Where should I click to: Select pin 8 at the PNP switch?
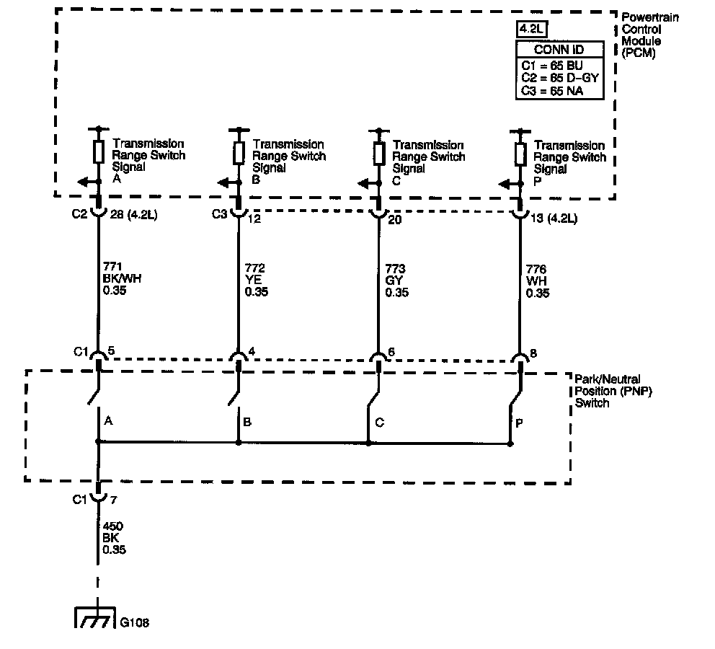click(x=533, y=353)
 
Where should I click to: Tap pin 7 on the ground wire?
click(x=111, y=499)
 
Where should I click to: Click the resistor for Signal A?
click(x=99, y=152)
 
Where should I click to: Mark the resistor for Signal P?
click(x=520, y=153)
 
